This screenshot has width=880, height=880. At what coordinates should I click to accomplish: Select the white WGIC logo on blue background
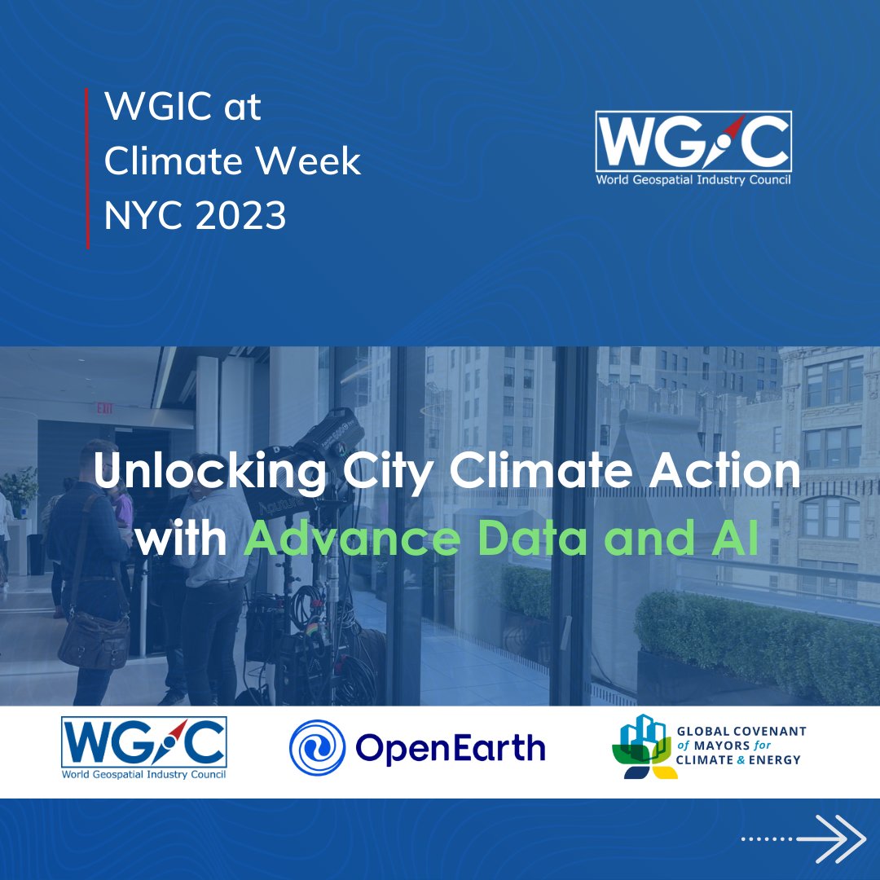(693, 147)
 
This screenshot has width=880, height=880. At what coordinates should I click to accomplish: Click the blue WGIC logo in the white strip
(143, 747)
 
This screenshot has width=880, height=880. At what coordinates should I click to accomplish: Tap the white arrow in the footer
(831, 838)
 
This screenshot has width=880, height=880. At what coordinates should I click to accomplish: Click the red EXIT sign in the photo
(105, 408)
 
